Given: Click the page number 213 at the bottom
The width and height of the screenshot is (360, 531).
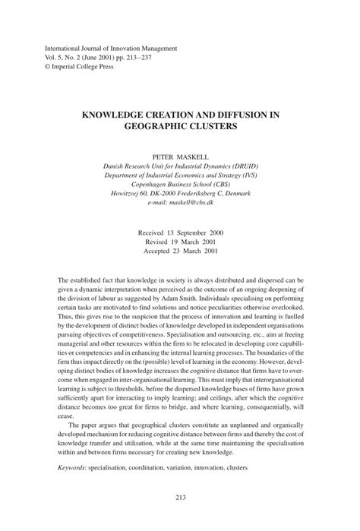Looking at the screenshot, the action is pyautogui.click(x=180, y=498).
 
